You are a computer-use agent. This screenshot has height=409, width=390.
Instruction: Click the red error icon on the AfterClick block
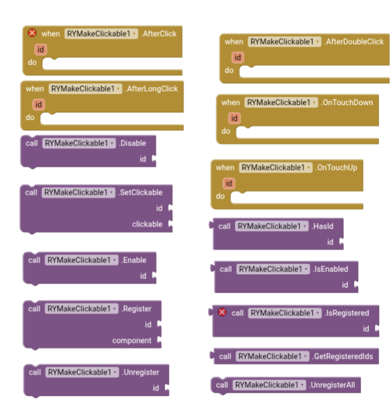tap(32, 33)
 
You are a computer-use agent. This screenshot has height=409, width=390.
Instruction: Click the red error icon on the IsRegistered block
tap(222, 313)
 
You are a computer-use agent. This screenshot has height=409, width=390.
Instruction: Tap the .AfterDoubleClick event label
tap(354, 42)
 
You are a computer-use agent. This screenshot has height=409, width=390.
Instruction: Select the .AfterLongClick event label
tap(152, 89)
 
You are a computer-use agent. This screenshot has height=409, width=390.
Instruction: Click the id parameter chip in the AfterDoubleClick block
tap(238, 57)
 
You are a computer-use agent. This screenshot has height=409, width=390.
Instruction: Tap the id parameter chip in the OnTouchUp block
tap(228, 183)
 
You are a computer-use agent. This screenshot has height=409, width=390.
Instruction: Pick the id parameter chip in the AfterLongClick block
tap(38, 105)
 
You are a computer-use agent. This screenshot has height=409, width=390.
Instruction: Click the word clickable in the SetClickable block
tap(147, 224)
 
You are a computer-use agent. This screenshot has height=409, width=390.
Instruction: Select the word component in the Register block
tap(132, 340)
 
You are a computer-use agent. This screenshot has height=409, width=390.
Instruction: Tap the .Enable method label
tap(134, 260)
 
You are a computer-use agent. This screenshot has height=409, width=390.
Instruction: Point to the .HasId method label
tap(322, 226)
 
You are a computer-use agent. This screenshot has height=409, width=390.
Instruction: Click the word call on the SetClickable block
tap(31, 192)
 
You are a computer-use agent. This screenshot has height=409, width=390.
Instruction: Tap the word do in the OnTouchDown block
tap(226, 131)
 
